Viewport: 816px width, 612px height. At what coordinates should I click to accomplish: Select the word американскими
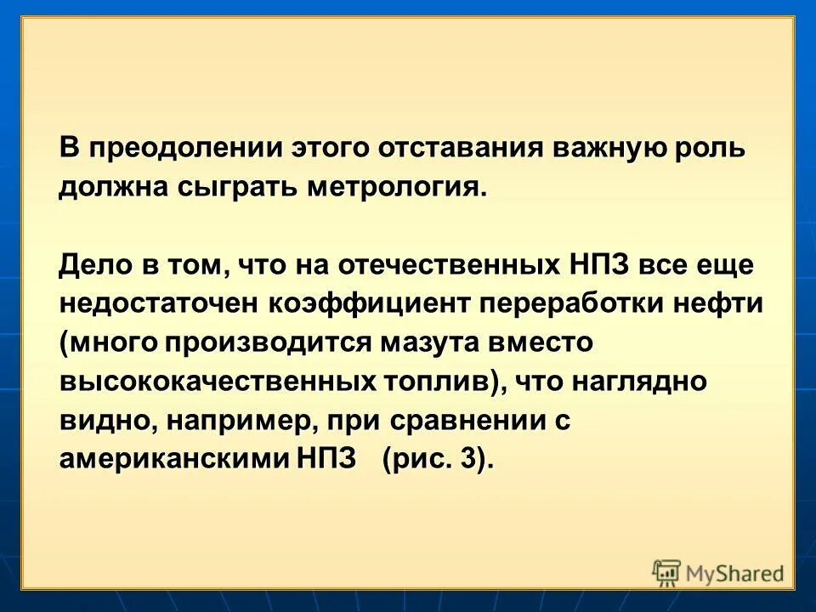coord(175,460)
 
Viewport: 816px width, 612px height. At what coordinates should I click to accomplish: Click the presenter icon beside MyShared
coord(667,573)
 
